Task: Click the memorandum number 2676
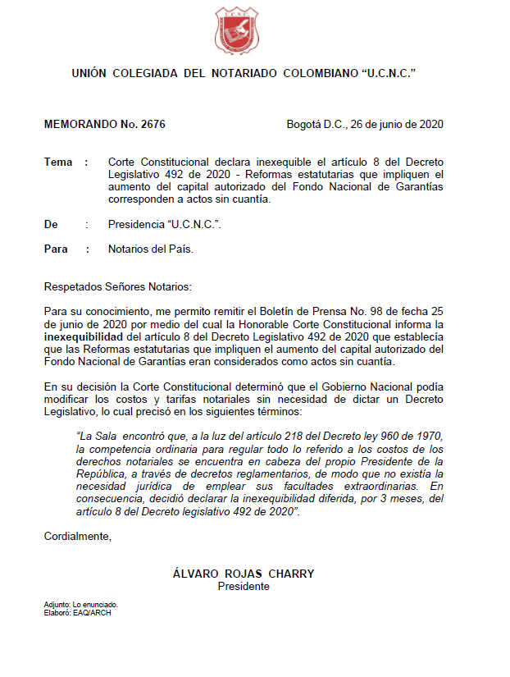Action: point(153,125)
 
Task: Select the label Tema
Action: point(58,162)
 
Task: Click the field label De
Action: point(51,224)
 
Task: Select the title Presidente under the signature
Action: point(244,587)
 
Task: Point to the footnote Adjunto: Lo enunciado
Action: point(80,604)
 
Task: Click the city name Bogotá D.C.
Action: point(314,125)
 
